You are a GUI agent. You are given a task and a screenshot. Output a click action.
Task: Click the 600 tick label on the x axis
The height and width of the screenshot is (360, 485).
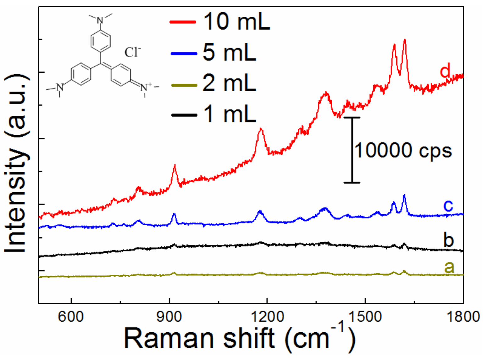click(72, 316)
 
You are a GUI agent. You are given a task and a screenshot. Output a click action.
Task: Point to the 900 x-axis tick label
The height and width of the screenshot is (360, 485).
click(170, 316)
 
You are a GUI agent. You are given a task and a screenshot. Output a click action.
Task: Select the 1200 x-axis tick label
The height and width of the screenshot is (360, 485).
click(267, 316)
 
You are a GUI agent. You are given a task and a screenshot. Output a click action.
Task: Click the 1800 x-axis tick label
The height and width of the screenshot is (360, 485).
click(462, 316)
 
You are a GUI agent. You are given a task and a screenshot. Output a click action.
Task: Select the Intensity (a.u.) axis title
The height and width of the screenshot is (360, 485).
click(16, 164)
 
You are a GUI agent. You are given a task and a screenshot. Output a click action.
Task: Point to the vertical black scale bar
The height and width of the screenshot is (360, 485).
click(352, 150)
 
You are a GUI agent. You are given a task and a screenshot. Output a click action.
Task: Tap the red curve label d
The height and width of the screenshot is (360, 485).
click(445, 70)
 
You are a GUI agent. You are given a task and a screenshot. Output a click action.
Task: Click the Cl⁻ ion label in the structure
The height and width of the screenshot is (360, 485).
click(132, 52)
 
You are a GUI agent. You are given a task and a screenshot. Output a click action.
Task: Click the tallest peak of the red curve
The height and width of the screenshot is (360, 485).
click(404, 40)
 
